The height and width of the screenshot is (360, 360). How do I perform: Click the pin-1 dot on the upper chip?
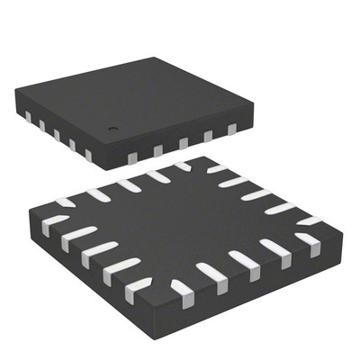tap(114, 129)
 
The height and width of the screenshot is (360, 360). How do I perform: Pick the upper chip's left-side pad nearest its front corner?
tap(87, 155)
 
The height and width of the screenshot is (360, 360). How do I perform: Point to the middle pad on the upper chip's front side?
tap(183, 143)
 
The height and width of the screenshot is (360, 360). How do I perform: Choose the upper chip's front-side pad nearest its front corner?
tap(131, 158)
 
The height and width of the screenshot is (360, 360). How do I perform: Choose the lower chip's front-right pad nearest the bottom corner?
tap(184, 290)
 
